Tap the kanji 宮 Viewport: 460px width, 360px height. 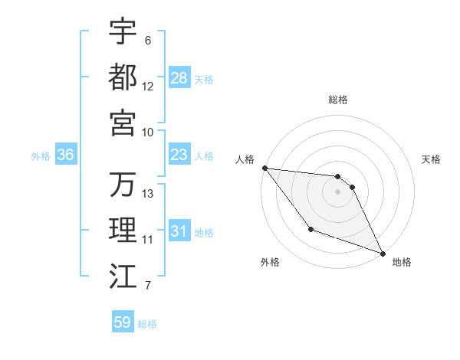123,123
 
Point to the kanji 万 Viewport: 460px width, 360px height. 123,185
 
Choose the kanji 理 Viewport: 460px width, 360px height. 123,231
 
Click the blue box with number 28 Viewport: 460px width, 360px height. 179,77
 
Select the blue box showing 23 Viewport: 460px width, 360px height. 179,155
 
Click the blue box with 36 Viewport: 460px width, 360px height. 66,155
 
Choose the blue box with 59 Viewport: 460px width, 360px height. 123,322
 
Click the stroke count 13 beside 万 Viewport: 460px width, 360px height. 148,193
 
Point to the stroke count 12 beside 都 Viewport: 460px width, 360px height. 148,86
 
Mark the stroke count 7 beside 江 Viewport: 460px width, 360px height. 148,286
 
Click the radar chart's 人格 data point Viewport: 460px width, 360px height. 264,168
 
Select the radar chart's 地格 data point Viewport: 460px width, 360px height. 383,254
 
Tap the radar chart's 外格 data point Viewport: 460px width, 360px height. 310,229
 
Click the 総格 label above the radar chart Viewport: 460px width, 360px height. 338,100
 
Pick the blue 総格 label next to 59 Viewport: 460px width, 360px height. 147,324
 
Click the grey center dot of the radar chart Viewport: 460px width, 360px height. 338,191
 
